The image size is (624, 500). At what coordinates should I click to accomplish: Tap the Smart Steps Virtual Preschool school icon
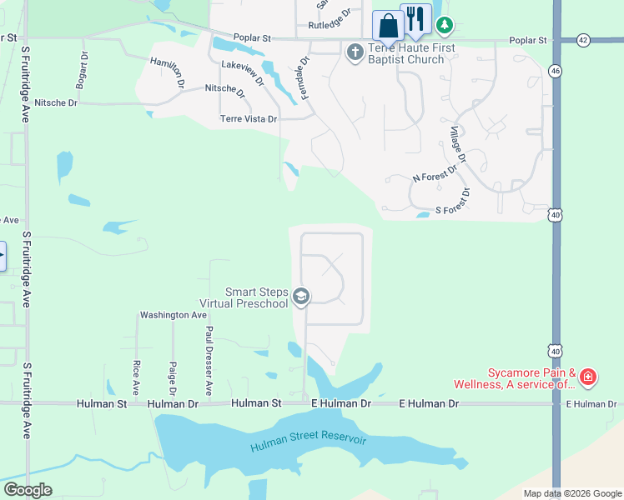(x=301, y=297)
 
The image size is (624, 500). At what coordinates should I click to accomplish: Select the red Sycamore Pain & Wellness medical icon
(x=588, y=377)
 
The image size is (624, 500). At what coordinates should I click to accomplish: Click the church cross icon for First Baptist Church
(x=355, y=52)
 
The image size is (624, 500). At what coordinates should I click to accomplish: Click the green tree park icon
(x=445, y=26)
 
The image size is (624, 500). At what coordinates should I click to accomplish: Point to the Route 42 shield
(x=582, y=40)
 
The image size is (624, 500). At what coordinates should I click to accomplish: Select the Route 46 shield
(x=555, y=72)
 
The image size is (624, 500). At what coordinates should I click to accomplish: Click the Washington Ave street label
(x=173, y=315)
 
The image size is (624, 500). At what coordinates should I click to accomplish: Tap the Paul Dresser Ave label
(x=209, y=361)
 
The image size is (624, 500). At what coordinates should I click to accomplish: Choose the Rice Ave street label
(x=136, y=377)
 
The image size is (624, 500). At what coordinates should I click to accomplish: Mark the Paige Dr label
(x=173, y=378)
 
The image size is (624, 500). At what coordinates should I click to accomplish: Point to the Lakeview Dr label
(x=243, y=74)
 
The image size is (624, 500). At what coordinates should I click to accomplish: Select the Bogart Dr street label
(x=82, y=75)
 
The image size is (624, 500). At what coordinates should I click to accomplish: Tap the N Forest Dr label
(x=435, y=174)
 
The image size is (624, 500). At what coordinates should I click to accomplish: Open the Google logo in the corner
(x=28, y=490)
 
